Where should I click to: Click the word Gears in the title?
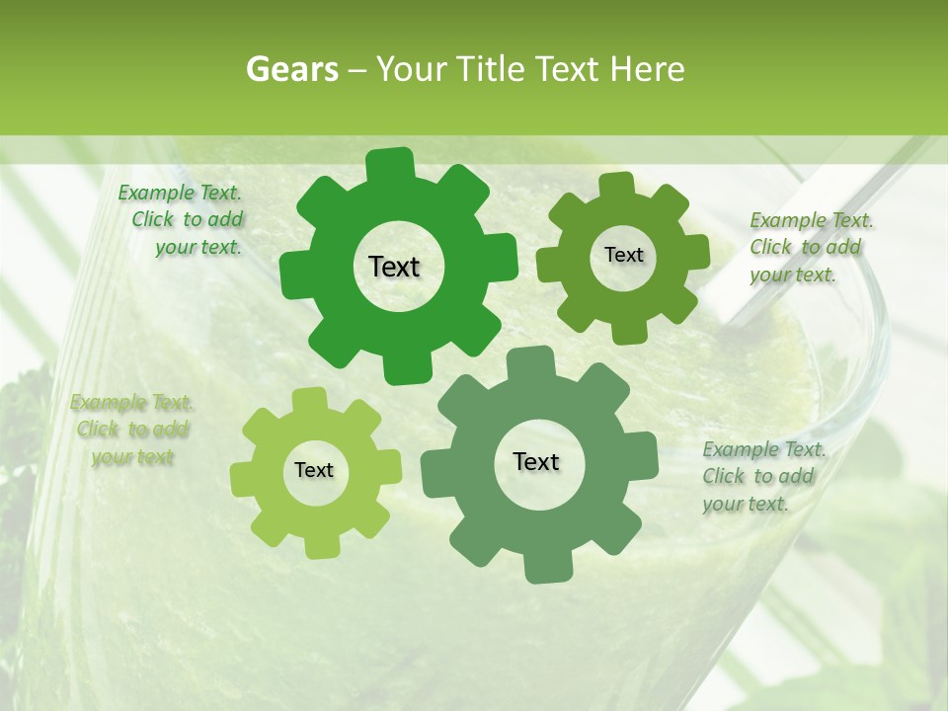[290, 69]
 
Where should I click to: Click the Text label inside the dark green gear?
[394, 267]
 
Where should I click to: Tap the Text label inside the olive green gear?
[623, 255]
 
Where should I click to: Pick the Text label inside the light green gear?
[314, 470]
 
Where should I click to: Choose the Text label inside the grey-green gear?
[536, 461]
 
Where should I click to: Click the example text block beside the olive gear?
[811, 247]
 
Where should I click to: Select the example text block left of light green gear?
[131, 430]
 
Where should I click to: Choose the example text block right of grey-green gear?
[762, 476]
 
